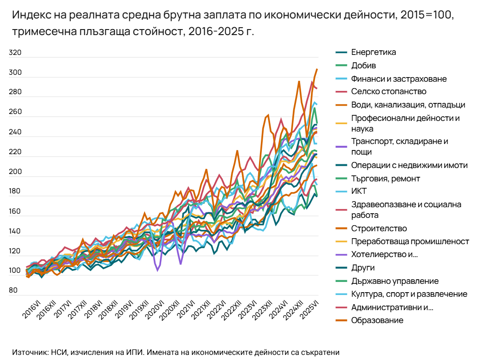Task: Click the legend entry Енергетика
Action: click(x=373, y=52)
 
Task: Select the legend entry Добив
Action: click(x=363, y=66)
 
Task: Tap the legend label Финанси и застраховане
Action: click(x=399, y=79)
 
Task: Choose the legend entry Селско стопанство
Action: click(x=388, y=92)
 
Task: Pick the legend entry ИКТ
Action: click(x=359, y=191)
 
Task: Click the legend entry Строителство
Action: click(x=379, y=228)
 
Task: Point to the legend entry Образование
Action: click(x=377, y=320)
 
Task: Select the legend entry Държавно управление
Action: click(x=395, y=281)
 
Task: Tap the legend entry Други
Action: click(x=362, y=268)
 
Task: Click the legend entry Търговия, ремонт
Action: click(x=386, y=179)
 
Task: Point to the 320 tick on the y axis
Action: click(x=16, y=53)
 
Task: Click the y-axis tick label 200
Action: click(x=16, y=172)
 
